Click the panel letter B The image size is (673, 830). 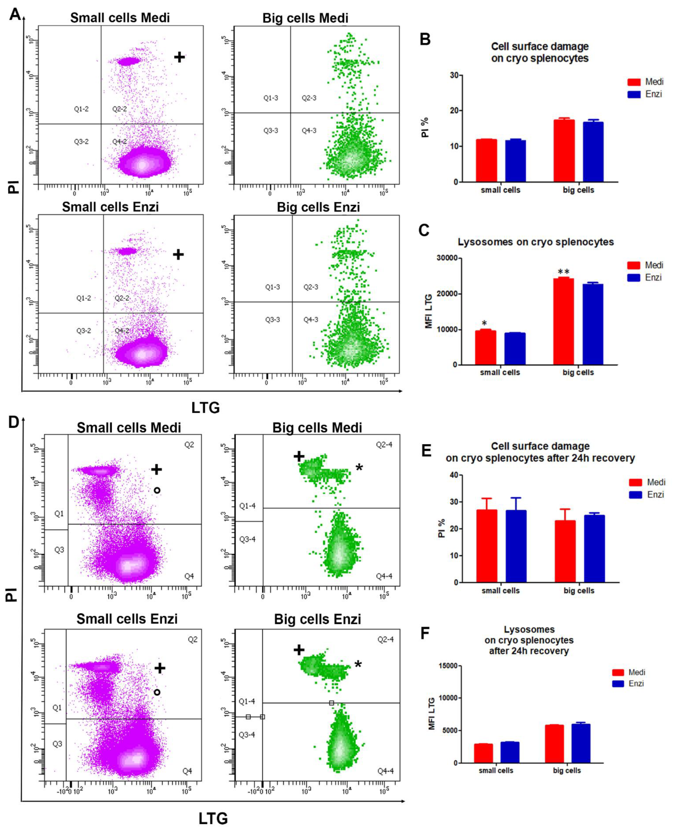pyautogui.click(x=425, y=39)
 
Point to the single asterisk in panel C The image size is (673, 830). pyautogui.click(x=484, y=323)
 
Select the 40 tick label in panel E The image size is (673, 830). pyautogui.click(x=453, y=475)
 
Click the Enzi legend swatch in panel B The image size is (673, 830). pyautogui.click(x=634, y=94)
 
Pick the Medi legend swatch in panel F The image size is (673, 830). pyautogui.click(x=618, y=672)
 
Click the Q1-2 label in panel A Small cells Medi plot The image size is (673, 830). pyautogui.click(x=81, y=109)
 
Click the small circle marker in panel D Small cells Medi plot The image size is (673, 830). pyautogui.click(x=157, y=490)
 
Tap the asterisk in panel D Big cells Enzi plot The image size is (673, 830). pyautogui.click(x=358, y=664)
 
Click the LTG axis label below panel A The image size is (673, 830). pyautogui.click(x=205, y=408)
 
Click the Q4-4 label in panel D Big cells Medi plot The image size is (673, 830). pyautogui.click(x=384, y=576)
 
